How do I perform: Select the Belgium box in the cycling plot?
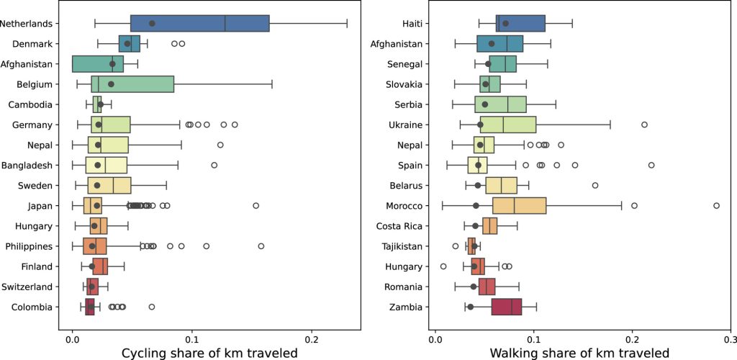click(x=132, y=84)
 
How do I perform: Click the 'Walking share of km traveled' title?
click(x=579, y=352)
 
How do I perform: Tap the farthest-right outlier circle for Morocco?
click(x=716, y=206)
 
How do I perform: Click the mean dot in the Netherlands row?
click(x=152, y=23)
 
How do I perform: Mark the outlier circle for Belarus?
click(x=595, y=186)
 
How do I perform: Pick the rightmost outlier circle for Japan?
click(x=256, y=206)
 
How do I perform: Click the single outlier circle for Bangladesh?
click(x=214, y=166)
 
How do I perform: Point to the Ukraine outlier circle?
click(x=644, y=125)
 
